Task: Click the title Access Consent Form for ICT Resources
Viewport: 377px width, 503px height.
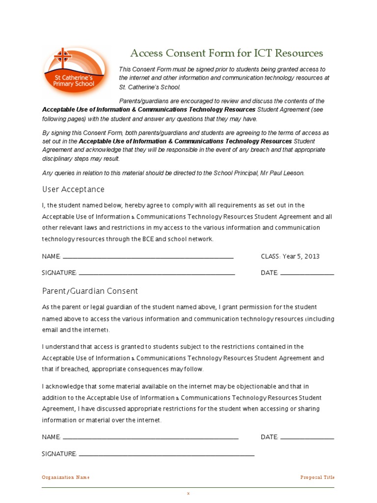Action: [x=226, y=53]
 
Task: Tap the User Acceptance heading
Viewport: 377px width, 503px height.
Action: [x=73, y=190]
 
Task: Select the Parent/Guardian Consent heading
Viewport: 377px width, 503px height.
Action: [x=90, y=291]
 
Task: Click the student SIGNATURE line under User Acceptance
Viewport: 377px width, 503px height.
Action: [x=157, y=273]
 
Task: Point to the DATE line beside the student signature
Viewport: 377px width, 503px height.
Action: [x=307, y=273]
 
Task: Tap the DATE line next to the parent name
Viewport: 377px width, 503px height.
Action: [x=307, y=437]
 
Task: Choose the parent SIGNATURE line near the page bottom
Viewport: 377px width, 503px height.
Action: [x=166, y=454]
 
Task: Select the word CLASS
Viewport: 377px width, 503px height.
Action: [x=270, y=256]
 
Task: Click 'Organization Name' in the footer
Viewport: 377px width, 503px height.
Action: [x=66, y=477]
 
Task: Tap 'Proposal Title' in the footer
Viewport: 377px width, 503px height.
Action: [x=317, y=477]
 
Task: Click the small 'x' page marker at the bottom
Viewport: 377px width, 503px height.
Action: [x=188, y=493]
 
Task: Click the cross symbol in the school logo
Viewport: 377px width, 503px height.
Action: [x=62, y=57]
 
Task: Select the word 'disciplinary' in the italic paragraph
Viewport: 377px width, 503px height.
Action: [x=58, y=159]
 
